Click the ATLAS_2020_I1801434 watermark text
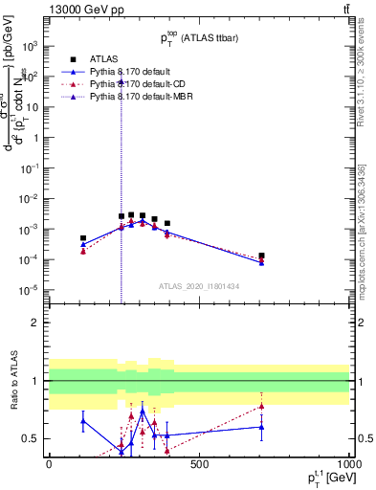pos(198,286)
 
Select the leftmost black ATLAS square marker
pos(83,238)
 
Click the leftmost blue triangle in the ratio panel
pos(83,420)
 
